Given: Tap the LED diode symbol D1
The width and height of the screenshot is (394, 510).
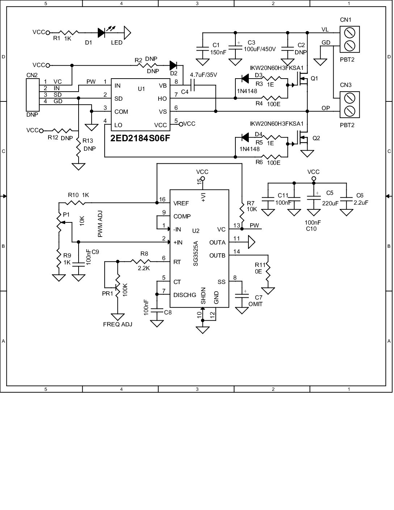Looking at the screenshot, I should coord(101,33).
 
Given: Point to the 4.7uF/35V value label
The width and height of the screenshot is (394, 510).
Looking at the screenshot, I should coord(203,75).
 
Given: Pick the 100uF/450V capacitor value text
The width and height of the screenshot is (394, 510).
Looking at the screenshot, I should coord(260,49).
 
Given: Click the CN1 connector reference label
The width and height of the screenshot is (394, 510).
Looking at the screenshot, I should coord(345,20).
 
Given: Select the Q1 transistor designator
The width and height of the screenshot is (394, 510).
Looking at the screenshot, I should coord(314,78).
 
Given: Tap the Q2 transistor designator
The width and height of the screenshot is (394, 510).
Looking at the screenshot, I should coord(316,138).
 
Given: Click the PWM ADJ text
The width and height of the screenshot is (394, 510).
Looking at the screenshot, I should coord(100,225).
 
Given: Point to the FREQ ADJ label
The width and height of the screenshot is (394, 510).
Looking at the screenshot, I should coord(118,324).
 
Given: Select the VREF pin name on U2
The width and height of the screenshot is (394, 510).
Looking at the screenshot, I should coord(181,203).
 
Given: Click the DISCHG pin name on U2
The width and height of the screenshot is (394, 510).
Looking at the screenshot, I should coord(184,295).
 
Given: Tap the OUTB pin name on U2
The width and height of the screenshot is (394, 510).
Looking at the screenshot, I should coord(217,255).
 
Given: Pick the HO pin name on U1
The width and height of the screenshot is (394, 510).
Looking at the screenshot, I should coord(162,99).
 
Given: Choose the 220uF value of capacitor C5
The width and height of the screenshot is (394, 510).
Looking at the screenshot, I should coord(330,203).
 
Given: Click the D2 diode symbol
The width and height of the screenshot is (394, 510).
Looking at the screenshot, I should coord(173,66).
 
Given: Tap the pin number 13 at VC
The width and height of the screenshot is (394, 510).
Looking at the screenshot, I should coord(236,225).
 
